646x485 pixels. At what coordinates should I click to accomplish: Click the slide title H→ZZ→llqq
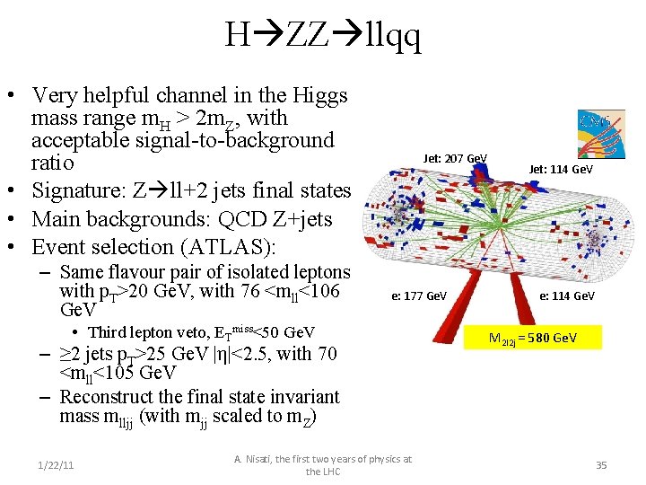[323, 36]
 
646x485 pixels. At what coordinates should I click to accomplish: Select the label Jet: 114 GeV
[561, 168]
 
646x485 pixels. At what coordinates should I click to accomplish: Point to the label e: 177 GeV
[418, 295]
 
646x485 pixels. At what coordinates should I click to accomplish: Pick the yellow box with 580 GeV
[532, 338]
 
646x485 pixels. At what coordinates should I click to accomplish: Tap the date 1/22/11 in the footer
[56, 464]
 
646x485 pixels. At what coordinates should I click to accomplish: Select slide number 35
[601, 464]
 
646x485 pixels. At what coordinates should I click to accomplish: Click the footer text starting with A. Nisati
[323, 465]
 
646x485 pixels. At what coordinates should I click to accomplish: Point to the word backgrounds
[141, 219]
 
